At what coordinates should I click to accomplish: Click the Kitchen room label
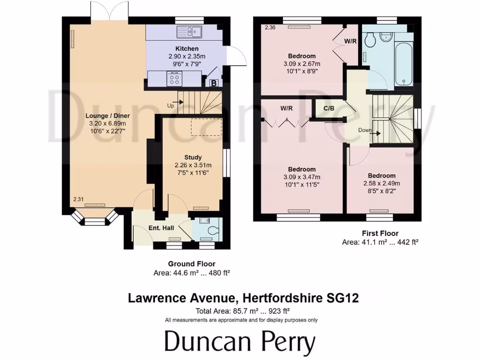187,49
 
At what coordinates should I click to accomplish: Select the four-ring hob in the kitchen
175,79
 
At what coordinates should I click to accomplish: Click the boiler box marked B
214,83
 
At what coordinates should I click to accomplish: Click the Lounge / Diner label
107,116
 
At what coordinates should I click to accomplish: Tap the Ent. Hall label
161,228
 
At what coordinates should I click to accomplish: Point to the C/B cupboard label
329,108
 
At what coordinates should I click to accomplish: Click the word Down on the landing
365,130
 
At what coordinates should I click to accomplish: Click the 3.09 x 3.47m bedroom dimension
301,177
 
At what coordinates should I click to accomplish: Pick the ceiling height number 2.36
270,28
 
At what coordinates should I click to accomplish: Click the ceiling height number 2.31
78,200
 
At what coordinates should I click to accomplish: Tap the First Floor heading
380,233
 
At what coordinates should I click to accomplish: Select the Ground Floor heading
192,264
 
